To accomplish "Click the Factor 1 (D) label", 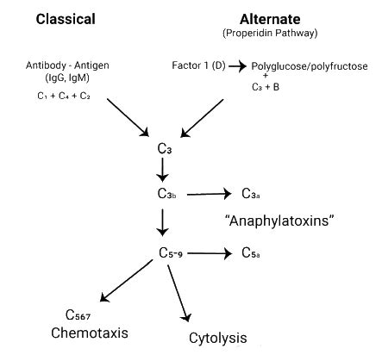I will (x=196, y=66).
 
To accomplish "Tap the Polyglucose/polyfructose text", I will (x=309, y=66).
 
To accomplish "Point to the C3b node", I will (x=167, y=194).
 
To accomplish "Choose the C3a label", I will (x=252, y=194).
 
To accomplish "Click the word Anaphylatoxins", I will (x=279, y=221).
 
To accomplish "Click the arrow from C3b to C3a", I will (x=210, y=194).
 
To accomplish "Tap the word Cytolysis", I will (x=218, y=338).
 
